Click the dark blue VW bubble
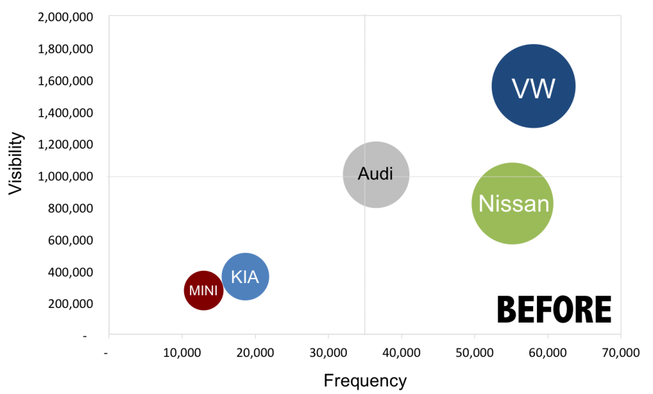click(534, 64)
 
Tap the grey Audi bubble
click(376, 191)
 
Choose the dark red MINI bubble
click(203, 302)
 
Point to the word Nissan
click(513, 203)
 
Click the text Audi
click(376, 173)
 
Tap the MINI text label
click(203, 291)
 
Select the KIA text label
click(245, 277)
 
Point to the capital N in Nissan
click(487, 203)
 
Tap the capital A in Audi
click(363, 173)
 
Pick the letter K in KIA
click(236, 277)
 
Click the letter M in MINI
click(194, 291)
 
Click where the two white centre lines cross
click(365, 176)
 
